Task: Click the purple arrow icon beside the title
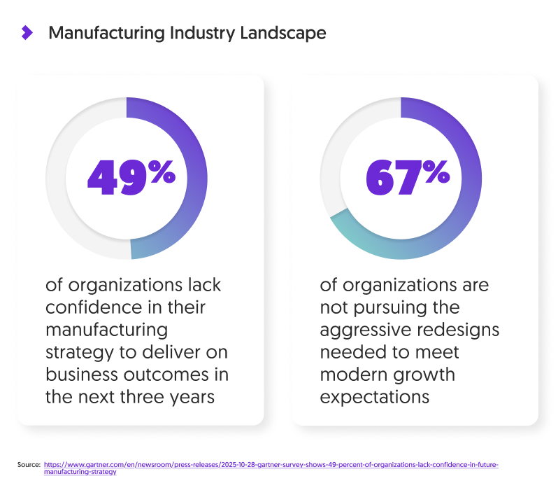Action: (27, 32)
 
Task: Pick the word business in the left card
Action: (83, 375)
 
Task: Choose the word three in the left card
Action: (152, 396)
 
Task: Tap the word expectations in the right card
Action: (374, 396)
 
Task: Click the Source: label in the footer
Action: (29, 465)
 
